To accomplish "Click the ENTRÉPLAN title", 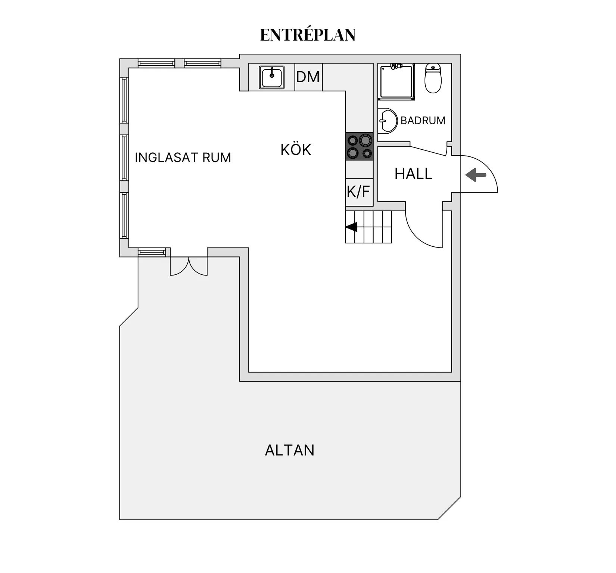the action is pyautogui.click(x=308, y=35).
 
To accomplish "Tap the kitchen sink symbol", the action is pyautogui.click(x=272, y=77).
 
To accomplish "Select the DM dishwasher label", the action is pyautogui.click(x=308, y=77).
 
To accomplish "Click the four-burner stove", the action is pyautogui.click(x=359, y=146).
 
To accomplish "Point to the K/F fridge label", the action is pyautogui.click(x=358, y=191).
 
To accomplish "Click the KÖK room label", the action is pyautogui.click(x=296, y=149).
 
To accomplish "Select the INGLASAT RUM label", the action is pyautogui.click(x=183, y=158).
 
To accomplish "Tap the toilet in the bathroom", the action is pyautogui.click(x=433, y=78).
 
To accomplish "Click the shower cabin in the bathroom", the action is pyautogui.click(x=396, y=82).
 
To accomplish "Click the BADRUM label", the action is pyautogui.click(x=423, y=121).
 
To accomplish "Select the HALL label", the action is pyautogui.click(x=414, y=174).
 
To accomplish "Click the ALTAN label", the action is pyautogui.click(x=290, y=450).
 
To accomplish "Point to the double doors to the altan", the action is pyautogui.click(x=189, y=266).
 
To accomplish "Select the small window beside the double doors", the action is pyautogui.click(x=152, y=252).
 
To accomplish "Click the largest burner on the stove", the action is pyautogui.click(x=365, y=141).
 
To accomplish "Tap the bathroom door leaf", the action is pyautogui.click(x=428, y=151).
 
